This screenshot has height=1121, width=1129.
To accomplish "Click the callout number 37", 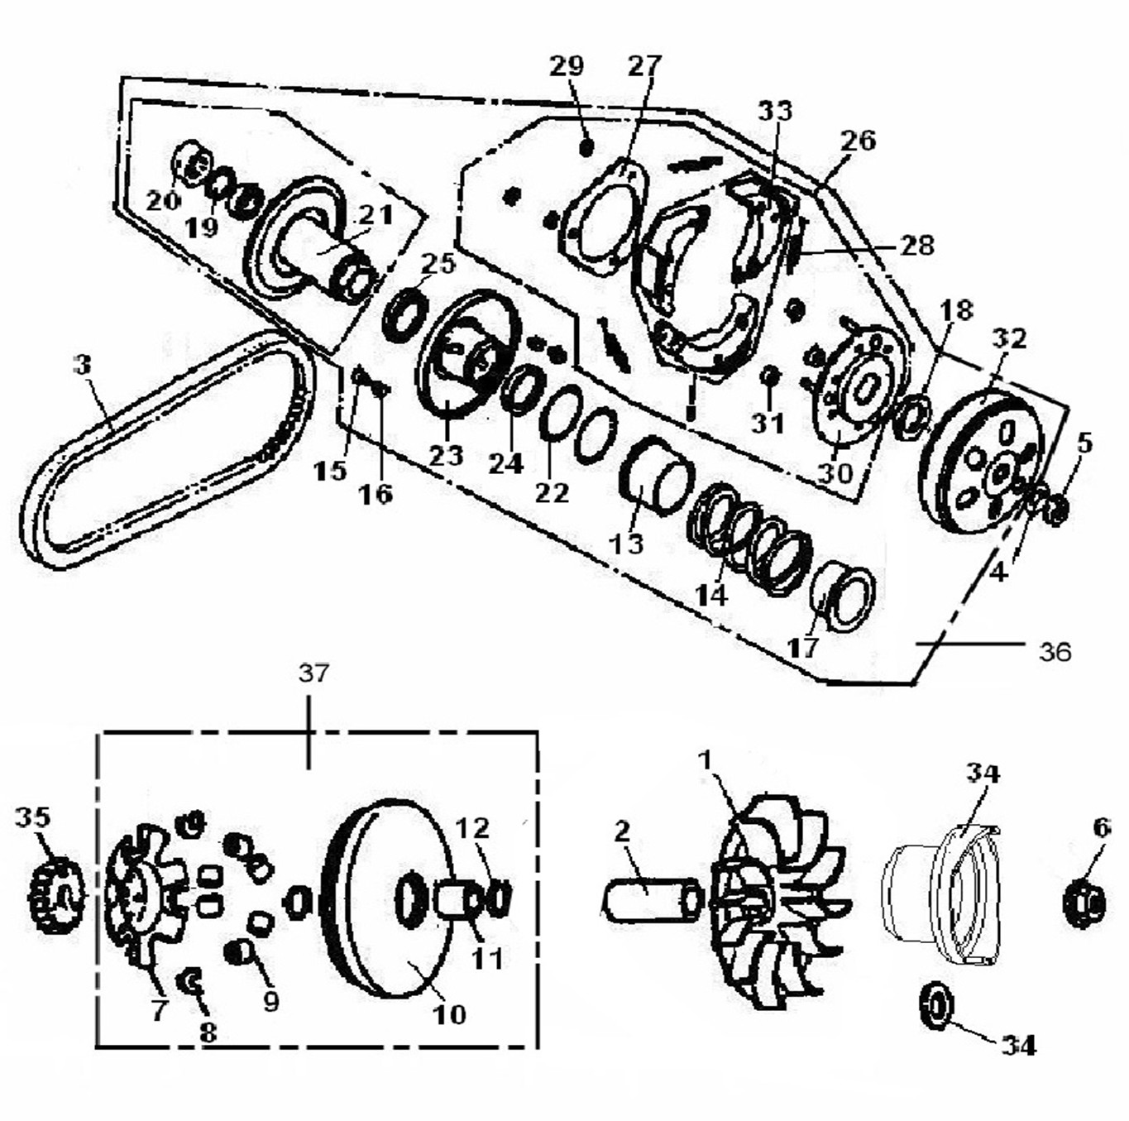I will point(313,674).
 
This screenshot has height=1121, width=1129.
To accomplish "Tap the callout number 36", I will point(1055,652).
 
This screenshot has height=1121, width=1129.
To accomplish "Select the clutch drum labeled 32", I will point(984,463).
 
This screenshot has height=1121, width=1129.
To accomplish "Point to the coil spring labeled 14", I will point(749,538).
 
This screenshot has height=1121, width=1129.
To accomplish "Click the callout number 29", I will point(567,66).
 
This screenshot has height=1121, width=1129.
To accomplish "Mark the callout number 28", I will point(916,245).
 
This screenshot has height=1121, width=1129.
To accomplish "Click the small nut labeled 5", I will point(1056,508).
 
